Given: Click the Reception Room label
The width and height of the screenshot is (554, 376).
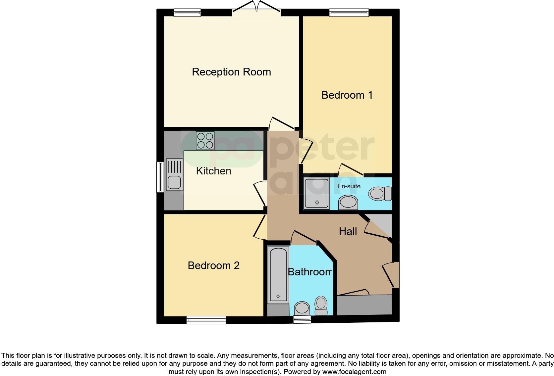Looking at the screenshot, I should pos(231,72).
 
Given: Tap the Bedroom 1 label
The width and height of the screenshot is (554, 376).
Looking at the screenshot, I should pos(347,95).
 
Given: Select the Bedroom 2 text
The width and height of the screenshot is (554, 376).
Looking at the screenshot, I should pos(213,265).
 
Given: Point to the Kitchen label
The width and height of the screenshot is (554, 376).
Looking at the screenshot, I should pos(213,171).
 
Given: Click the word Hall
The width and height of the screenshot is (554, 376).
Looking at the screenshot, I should pos(348,231).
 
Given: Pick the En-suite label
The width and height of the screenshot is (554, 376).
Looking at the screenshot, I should pos(349,186).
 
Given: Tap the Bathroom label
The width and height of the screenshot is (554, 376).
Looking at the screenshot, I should pos(309,272).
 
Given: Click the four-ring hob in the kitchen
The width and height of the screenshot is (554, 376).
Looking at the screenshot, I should pos(205,141).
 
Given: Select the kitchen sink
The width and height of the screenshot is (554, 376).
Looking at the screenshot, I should pos(174,175).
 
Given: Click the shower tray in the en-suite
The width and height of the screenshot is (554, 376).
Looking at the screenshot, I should pos(317,194).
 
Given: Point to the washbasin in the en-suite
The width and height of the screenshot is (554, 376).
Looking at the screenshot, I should pos(348,202).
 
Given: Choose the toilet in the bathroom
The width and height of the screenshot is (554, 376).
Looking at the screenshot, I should pos(321,305).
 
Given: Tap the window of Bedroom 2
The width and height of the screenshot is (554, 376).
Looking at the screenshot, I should pos(206,320).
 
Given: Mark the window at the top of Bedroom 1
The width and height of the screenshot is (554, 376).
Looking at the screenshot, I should pos(349,13).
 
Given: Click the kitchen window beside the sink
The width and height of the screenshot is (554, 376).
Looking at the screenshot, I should pos(160,177).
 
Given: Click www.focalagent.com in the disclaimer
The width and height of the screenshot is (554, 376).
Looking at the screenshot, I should pos(354,372).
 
